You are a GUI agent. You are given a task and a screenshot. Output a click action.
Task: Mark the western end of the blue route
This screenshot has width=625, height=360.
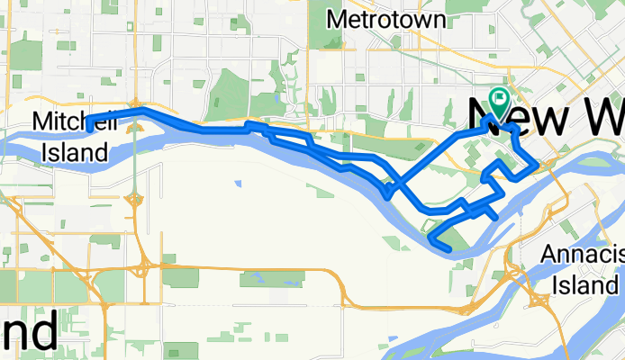88,121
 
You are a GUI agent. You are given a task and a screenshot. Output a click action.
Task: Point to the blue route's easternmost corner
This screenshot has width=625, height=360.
537,164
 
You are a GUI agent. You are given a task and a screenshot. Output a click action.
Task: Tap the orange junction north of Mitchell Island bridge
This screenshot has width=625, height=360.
134,102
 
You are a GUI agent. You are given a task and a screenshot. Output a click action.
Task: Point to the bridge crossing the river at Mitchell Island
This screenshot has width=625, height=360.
134,144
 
